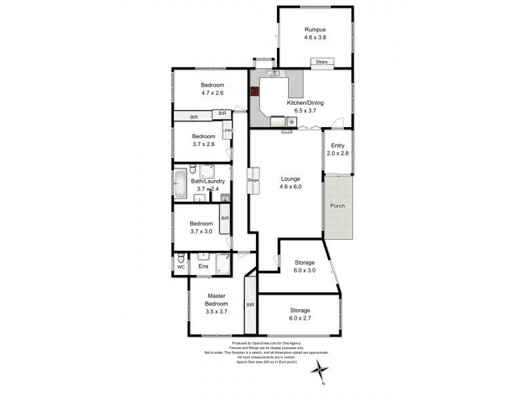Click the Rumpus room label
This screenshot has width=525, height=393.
coord(315,29)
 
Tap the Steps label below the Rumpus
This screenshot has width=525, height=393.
coord(322,62)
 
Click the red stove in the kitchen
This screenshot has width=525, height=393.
coord(255,92)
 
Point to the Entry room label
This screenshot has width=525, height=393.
coord(337,145)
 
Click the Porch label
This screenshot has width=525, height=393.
coord(337,206)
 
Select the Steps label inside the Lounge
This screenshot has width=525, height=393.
coord(253,180)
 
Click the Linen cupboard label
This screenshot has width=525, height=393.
coord(227,130)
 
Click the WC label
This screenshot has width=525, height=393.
coord(181,267)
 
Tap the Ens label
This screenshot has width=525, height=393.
coord(203,267)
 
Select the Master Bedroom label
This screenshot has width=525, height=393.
coord(217,300)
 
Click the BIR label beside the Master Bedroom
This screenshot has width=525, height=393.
coord(250,305)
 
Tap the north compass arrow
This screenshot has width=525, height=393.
coord(321,369)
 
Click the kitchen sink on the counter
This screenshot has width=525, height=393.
coord(274,74)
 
